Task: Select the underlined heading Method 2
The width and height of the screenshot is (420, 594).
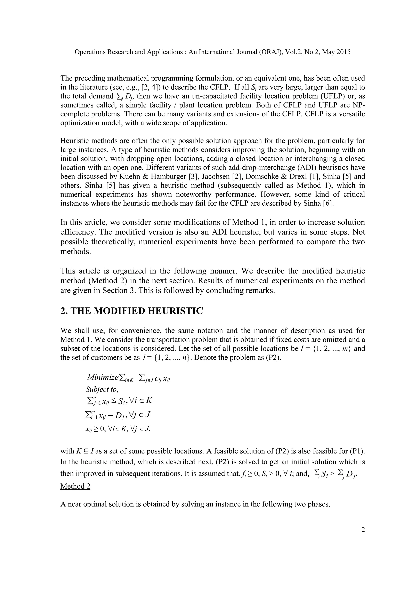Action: click(75, 486)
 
